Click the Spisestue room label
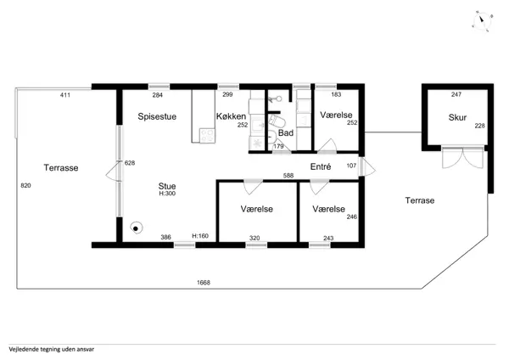click(157, 116)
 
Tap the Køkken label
click(231, 116)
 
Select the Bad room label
click(286, 133)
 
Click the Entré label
click(320, 166)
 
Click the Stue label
click(167, 184)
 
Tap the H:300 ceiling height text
click(167, 194)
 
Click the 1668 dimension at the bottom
click(204, 282)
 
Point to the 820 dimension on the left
click(25, 184)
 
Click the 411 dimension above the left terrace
click(64, 95)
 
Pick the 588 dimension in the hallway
click(288, 176)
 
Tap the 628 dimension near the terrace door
click(130, 163)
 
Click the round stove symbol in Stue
click(135, 228)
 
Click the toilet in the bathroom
click(273, 124)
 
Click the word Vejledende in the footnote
click(25, 348)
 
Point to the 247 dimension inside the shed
click(456, 95)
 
